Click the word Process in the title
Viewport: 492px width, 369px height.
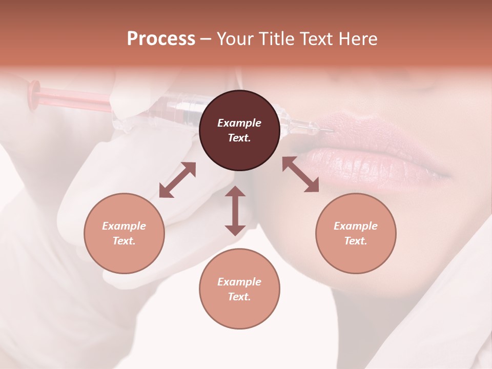click(161, 39)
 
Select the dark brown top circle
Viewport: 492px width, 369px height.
click(239, 130)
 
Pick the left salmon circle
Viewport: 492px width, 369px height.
click(124, 233)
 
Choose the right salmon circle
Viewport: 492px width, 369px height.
click(356, 233)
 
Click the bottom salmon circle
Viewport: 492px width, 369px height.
click(239, 289)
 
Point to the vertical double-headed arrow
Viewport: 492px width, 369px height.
click(235, 211)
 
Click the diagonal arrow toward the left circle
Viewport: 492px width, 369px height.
click(177, 180)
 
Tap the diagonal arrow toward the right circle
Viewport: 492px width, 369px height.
click(301, 174)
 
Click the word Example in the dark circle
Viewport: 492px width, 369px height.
click(239, 123)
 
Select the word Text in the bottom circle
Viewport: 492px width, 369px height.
click(238, 297)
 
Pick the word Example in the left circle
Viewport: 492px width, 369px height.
click(124, 226)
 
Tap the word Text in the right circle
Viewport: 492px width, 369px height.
click(355, 241)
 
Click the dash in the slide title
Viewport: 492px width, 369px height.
click(206, 39)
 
